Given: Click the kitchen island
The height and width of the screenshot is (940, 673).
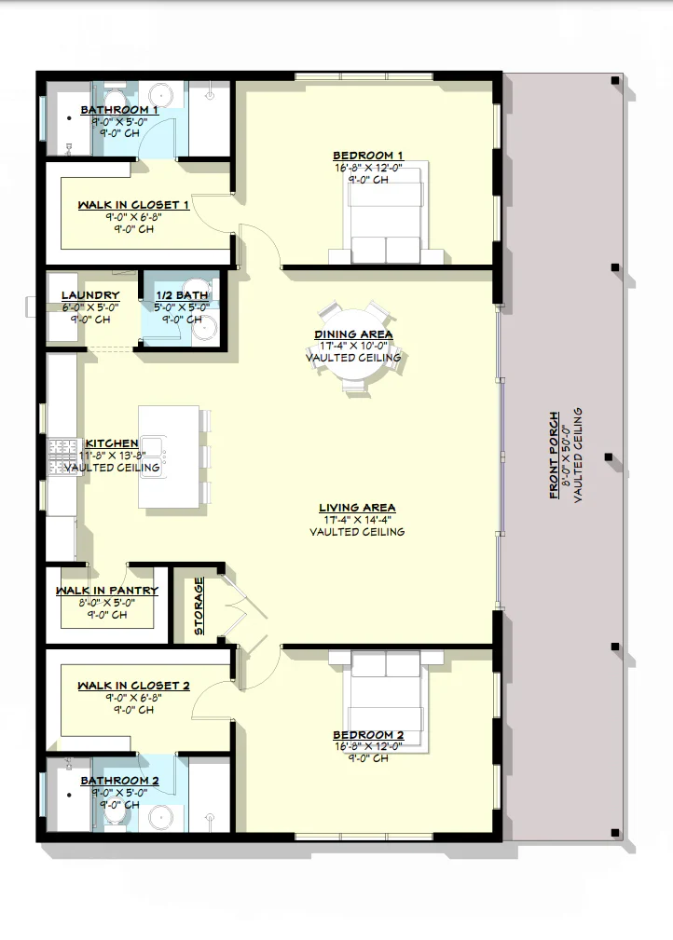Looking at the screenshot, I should [x=169, y=456].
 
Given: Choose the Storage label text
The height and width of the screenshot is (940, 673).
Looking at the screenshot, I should [x=199, y=606].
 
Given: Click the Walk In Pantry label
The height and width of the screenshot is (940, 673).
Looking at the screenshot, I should [x=106, y=591].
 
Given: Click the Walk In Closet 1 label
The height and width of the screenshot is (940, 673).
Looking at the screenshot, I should [x=133, y=205].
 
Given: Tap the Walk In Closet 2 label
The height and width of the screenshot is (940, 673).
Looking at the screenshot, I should [x=133, y=686].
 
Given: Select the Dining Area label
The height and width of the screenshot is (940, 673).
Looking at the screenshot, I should [x=353, y=334].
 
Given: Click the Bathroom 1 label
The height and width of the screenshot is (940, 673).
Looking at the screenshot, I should [x=119, y=110].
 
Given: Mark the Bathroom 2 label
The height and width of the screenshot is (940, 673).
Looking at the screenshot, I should [x=119, y=781].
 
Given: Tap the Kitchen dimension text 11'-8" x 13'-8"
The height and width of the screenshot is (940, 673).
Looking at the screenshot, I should [x=112, y=456].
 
